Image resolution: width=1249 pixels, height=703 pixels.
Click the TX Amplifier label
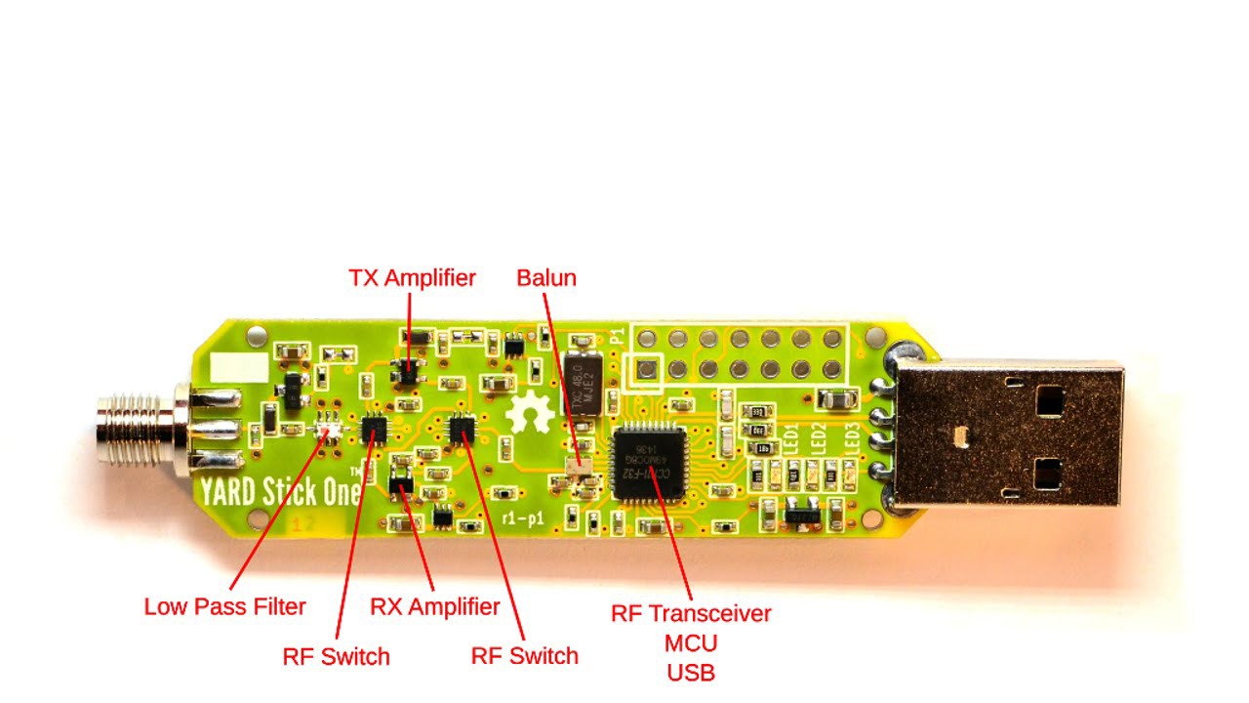(412, 278)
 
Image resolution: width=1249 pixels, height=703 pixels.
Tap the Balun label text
(546, 278)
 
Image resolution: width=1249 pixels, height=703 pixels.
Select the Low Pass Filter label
(224, 606)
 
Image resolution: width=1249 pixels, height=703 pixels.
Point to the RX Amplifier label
(434, 606)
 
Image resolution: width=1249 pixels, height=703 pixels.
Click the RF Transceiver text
(691, 613)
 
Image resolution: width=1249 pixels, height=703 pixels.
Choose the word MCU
(691, 643)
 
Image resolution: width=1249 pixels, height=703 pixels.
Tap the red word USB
(691, 673)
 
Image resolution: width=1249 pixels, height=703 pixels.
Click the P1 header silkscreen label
(617, 337)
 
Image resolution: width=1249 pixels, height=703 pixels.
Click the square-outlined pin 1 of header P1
(644, 370)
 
